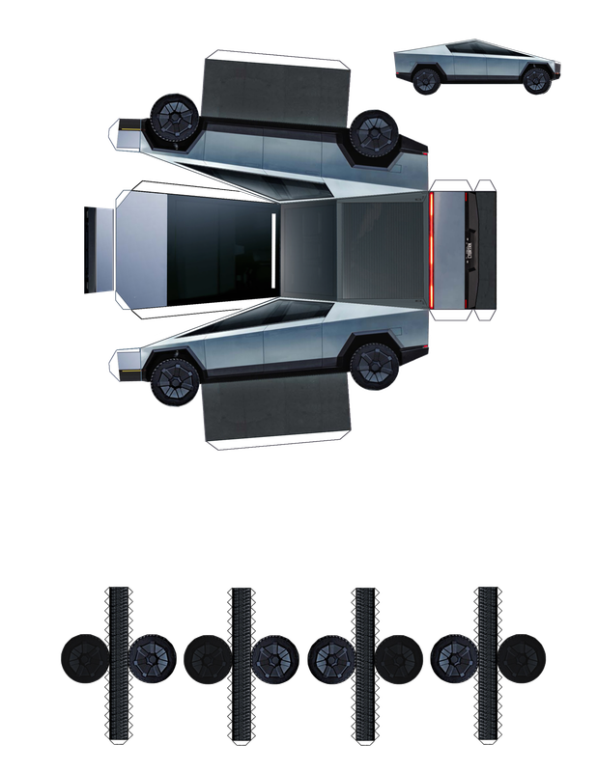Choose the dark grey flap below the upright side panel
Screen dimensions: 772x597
click(x=276, y=412)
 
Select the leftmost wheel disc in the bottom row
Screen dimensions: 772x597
click(x=82, y=656)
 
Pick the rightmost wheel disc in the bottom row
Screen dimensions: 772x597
click(x=524, y=656)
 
